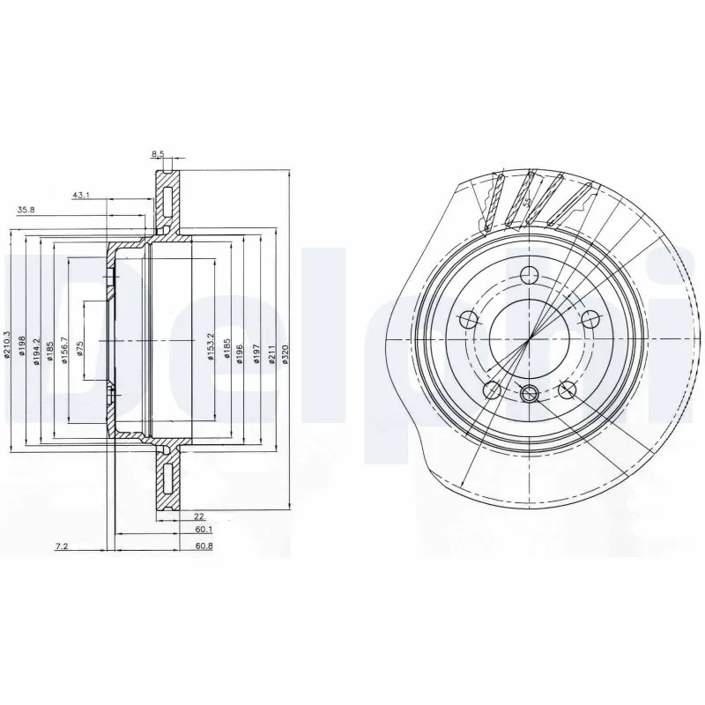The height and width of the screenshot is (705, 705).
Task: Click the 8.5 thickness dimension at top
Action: pos(159,154)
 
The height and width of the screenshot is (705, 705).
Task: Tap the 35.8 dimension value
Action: pos(27,211)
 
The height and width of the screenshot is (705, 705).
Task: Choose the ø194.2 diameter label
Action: pos(36,345)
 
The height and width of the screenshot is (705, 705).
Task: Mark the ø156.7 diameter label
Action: pos(63,345)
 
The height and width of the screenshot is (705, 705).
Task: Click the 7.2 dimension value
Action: pos(62,547)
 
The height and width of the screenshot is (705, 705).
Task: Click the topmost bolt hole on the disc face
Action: pos(529,273)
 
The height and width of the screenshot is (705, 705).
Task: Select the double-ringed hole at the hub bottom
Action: pos(530,393)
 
